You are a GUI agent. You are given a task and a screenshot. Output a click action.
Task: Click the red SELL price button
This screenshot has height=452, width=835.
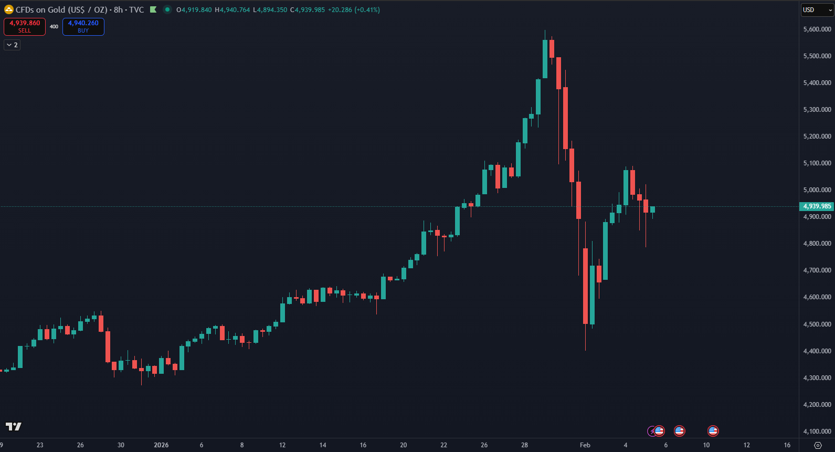tap(25, 26)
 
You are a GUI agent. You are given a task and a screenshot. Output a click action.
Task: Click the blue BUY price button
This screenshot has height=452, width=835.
tap(83, 26)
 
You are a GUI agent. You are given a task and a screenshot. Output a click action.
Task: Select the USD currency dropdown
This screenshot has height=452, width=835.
tap(817, 10)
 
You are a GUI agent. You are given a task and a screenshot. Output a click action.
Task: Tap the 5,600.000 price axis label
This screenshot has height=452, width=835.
tap(817, 29)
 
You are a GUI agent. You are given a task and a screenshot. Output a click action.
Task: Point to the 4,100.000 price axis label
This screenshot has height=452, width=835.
tap(817, 432)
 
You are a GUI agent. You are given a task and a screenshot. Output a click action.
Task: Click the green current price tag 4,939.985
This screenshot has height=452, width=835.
tap(817, 206)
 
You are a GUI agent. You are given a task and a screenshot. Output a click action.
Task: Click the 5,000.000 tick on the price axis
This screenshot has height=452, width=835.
tap(817, 190)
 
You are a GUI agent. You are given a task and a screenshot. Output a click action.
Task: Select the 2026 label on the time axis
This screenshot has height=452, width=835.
tap(161, 445)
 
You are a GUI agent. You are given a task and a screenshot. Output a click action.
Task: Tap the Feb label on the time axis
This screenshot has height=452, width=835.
tap(585, 445)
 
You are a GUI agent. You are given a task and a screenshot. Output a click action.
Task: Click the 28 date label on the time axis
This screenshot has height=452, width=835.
tap(524, 445)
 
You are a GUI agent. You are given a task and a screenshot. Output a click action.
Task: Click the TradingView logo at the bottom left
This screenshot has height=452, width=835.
tap(14, 426)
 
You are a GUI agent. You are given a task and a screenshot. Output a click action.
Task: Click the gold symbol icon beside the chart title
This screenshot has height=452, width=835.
tap(9, 9)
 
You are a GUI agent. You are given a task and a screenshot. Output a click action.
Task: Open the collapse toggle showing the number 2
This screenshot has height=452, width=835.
tap(12, 45)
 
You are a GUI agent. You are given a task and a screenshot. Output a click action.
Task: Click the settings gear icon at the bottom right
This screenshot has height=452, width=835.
tap(817, 445)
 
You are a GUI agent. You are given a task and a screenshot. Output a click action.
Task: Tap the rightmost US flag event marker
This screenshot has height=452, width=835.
tap(713, 431)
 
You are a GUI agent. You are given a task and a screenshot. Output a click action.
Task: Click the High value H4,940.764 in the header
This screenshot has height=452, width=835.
tap(232, 10)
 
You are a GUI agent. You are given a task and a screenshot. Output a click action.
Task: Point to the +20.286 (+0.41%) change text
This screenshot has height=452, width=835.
tap(354, 10)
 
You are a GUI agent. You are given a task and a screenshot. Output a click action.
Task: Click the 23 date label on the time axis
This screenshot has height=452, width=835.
tap(40, 445)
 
